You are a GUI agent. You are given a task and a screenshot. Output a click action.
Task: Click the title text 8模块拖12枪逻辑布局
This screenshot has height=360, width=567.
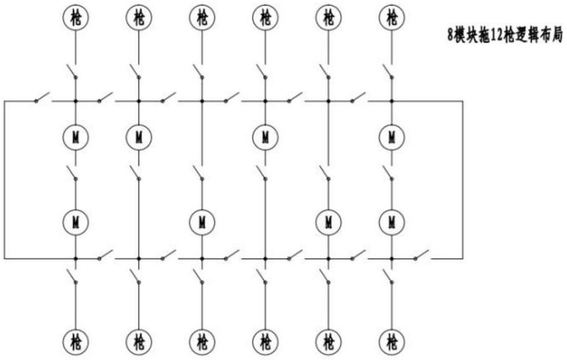[505, 35]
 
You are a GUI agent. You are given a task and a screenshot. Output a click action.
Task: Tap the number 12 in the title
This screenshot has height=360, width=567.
[497, 35]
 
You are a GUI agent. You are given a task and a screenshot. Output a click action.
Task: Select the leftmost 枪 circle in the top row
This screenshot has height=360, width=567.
[76, 17]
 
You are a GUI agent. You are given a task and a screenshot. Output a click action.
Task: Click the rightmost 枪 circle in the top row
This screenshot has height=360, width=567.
[392, 17]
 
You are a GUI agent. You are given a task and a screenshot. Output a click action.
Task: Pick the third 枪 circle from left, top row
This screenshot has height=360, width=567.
[202, 17]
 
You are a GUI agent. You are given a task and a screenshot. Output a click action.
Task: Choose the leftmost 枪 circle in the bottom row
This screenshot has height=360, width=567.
[76, 341]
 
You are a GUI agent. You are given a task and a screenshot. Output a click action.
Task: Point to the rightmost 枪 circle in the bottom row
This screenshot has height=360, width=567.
[392, 341]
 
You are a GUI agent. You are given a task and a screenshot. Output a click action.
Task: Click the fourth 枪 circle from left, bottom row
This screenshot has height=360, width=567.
[265, 341]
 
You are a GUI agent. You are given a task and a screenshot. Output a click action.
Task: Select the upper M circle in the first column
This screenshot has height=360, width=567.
[76, 137]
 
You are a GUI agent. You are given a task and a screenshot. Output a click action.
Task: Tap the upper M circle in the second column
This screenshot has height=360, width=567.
[139, 137]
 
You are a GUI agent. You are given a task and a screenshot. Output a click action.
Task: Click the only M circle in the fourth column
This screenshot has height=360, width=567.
[265, 137]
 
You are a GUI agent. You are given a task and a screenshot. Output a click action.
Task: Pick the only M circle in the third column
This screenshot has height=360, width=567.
[202, 222]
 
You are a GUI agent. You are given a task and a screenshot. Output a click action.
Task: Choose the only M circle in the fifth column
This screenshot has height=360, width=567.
[328, 222]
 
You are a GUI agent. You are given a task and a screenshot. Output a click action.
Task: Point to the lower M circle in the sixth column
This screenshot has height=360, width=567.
[392, 222]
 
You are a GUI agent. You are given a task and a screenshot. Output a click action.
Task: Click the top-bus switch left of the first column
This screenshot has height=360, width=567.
[42, 97]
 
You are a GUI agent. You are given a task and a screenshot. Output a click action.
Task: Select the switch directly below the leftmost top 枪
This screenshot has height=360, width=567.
[72, 71]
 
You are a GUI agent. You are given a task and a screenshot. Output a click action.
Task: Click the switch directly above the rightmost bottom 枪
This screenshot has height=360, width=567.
[388, 276]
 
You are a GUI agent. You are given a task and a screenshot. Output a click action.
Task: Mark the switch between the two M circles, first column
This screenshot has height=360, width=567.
[72, 173]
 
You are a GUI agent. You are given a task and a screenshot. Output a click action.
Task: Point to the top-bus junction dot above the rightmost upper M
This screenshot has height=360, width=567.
[392, 101]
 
